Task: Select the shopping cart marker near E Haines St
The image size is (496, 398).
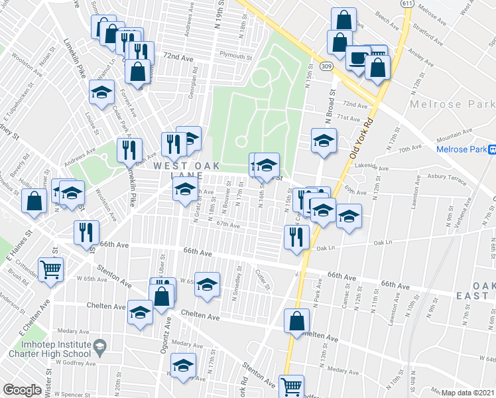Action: (50, 269)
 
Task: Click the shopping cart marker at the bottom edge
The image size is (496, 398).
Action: (292, 386)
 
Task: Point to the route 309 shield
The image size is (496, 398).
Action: (325, 66)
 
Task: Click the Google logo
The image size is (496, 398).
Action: (22, 391)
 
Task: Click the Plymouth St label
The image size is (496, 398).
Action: (236, 56)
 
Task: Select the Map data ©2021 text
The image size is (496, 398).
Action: (468, 393)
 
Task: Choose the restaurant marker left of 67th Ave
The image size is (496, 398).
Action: (88, 232)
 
